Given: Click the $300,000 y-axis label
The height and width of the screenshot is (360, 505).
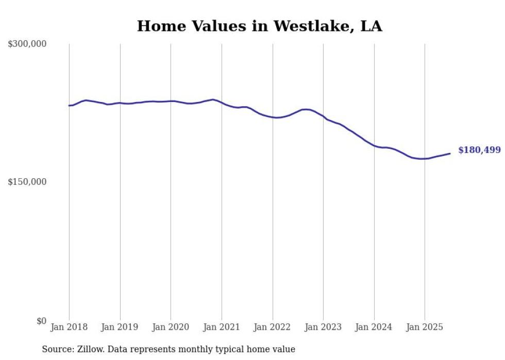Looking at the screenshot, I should click(x=27, y=44).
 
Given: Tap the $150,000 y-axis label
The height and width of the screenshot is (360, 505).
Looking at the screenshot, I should click(x=27, y=182).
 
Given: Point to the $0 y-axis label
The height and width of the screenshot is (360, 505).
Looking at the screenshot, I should click(x=42, y=321).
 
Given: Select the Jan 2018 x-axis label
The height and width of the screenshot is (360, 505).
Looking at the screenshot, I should click(x=69, y=327).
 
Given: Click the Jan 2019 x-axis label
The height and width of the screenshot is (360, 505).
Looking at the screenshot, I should click(x=120, y=327).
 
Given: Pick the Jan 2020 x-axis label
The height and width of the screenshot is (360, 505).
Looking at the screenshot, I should click(x=171, y=327).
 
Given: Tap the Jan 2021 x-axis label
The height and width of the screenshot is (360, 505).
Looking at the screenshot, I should click(x=222, y=327).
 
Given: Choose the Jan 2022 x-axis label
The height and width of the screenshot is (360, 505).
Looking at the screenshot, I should click(x=273, y=327).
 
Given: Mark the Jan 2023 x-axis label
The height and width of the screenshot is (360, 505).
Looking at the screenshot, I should click(x=323, y=327).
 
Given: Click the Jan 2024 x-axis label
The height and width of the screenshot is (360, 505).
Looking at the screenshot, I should click(x=374, y=327).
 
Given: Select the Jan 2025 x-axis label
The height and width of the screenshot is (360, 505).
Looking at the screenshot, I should click(x=425, y=327).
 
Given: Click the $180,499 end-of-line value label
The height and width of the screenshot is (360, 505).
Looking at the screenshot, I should click(x=479, y=150).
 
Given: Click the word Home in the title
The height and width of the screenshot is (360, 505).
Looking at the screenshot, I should click(x=158, y=26).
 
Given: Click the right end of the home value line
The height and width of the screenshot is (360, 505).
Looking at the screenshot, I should click(x=450, y=153).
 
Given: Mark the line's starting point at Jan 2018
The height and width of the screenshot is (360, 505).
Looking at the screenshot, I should click(x=69, y=106).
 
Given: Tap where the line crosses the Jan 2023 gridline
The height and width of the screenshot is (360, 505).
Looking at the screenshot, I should click(x=323, y=116).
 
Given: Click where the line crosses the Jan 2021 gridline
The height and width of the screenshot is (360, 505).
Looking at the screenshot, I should click(x=222, y=102).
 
